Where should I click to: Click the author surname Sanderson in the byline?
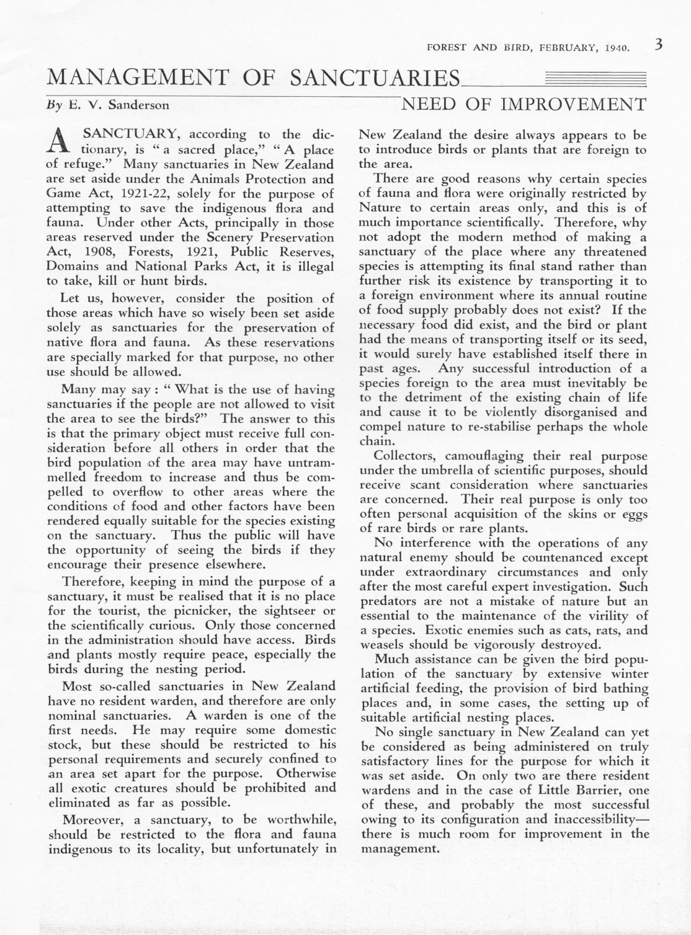click(x=138, y=105)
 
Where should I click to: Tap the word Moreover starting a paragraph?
click(x=91, y=820)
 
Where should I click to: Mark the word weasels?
click(x=381, y=644)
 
